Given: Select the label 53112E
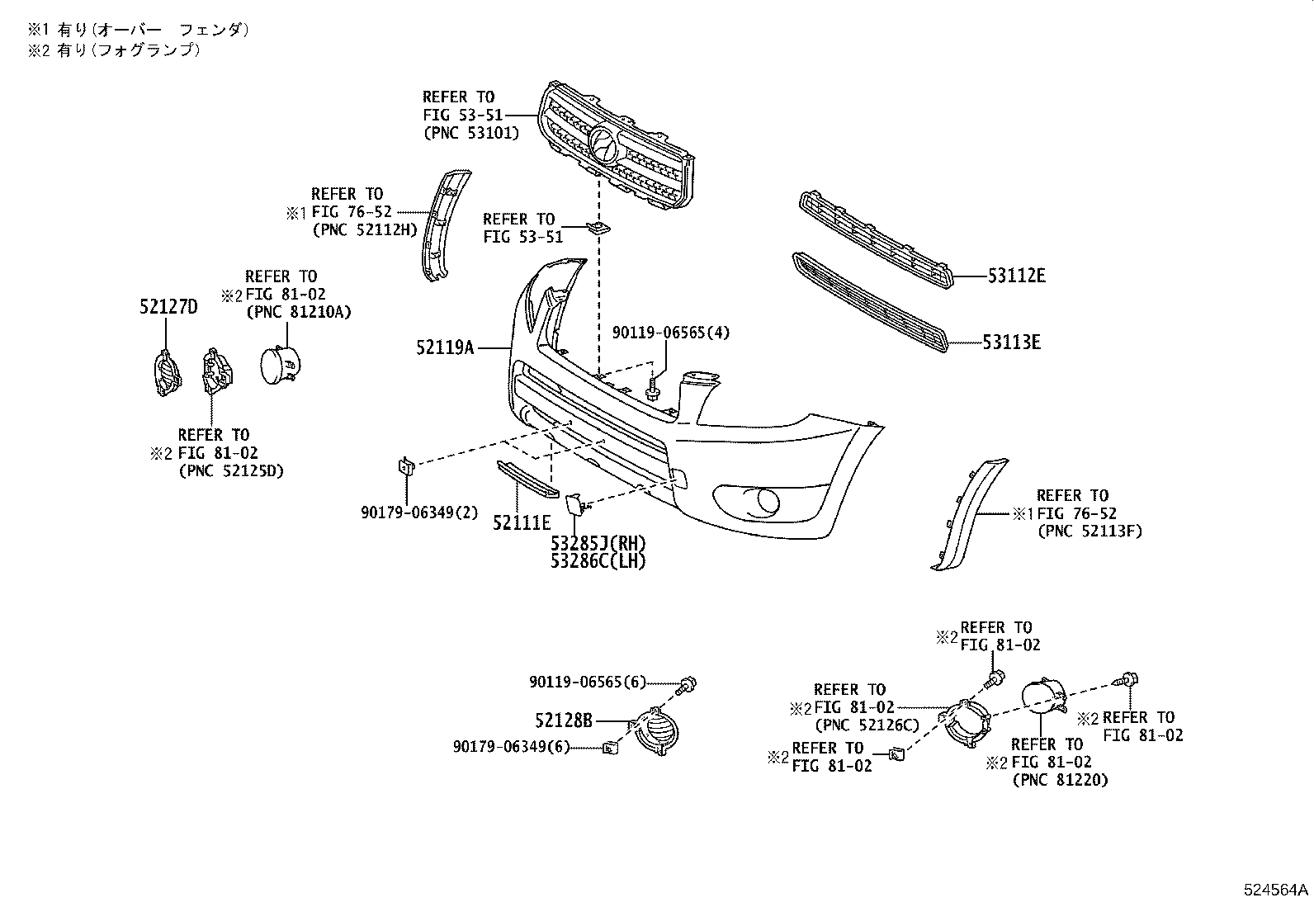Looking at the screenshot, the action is [1016, 276].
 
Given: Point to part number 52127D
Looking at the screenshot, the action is [168, 308].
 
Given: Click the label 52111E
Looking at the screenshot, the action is [521, 522].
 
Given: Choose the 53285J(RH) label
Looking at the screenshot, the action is [598, 544].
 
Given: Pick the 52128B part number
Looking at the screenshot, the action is [564, 720].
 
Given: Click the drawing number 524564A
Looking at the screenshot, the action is [1276, 890].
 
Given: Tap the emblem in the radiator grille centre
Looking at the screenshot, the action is [605, 147].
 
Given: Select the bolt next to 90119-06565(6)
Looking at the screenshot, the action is [688, 683].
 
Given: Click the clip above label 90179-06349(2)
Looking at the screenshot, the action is [406, 466].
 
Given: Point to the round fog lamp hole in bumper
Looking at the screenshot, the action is [767, 500].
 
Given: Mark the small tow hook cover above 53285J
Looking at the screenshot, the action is [574, 503].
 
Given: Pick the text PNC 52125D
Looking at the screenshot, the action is [230, 471].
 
